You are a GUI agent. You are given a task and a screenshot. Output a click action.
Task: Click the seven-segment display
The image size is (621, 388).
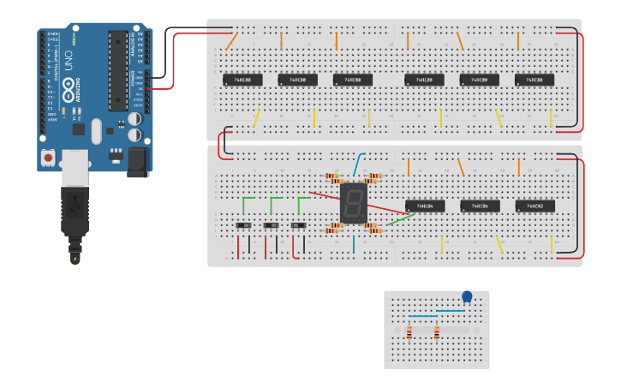(x=352, y=203)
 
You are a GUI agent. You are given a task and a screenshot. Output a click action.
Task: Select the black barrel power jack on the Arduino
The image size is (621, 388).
(x=137, y=161)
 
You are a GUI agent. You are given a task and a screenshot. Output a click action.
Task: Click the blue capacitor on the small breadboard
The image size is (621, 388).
(x=467, y=297)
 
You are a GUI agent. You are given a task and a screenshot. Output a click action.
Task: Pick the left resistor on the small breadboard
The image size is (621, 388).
(x=409, y=331)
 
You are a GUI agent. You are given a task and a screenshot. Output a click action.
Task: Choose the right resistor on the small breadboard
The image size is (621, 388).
(x=437, y=331)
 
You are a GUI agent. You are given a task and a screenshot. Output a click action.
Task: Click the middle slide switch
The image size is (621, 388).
(x=272, y=225)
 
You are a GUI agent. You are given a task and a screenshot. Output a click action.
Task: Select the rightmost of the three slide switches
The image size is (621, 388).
(x=299, y=225)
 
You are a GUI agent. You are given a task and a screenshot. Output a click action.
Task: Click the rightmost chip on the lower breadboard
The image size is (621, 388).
(x=534, y=206)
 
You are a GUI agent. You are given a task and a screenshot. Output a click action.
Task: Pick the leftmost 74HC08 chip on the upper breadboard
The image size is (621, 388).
(x=242, y=80)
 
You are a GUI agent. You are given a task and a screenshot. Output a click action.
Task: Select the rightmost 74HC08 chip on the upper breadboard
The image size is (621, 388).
(x=534, y=80)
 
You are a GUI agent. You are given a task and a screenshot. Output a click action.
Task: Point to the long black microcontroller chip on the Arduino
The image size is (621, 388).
(x=117, y=72)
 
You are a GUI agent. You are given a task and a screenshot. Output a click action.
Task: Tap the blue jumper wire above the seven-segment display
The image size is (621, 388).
(x=359, y=162)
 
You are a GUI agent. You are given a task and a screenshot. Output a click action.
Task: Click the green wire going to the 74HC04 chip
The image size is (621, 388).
(x=397, y=219)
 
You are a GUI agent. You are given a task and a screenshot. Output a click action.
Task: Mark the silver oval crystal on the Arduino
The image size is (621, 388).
(x=96, y=131)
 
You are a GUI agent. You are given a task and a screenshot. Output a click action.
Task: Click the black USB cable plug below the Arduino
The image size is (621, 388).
(x=75, y=214)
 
